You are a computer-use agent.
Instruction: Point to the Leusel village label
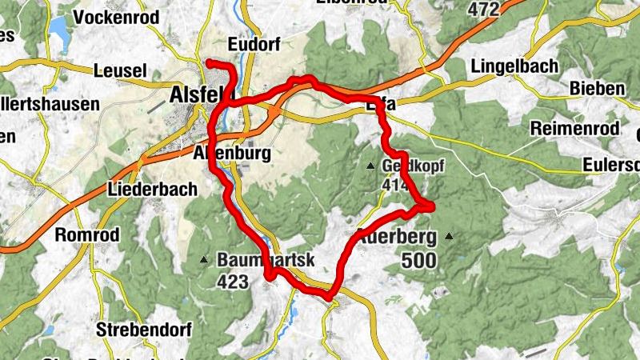click(120, 71)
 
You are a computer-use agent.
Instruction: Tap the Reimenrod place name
click(574, 129)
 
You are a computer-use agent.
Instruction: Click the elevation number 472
click(483, 9)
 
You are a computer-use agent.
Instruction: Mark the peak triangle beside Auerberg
click(450, 237)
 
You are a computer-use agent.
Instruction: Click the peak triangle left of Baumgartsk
click(205, 259)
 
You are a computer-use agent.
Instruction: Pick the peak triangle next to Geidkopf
click(370, 166)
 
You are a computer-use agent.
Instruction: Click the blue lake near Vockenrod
click(58, 30)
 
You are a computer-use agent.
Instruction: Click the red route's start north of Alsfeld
click(209, 62)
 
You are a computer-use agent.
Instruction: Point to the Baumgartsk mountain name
click(266, 259)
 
